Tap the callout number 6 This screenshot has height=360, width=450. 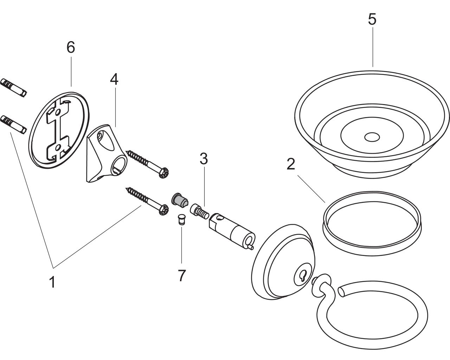tap(71, 47)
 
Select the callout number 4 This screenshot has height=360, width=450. tap(114, 79)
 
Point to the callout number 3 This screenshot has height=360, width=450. tap(204, 159)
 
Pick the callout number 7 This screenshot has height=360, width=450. tap(182, 276)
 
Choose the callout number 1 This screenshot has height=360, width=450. tap(52, 282)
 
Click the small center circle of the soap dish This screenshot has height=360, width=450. tap(372, 137)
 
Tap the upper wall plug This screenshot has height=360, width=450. tap(13, 88)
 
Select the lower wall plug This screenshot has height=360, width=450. tap(13, 125)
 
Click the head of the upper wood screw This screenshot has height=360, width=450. tap(163, 173)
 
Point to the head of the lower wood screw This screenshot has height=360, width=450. tap(163, 210)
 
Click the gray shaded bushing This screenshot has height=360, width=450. tap(180, 200)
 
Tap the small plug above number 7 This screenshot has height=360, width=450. tap(181, 219)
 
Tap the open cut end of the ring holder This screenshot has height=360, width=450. tap(341, 291)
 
